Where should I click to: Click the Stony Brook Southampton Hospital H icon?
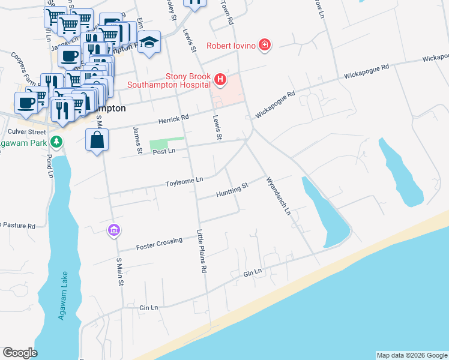pyautogui.click(x=220, y=79)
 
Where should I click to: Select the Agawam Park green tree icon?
pyautogui.click(x=57, y=142)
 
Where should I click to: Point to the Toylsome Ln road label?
pyautogui.click(x=184, y=180)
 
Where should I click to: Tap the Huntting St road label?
pyautogui.click(x=232, y=191)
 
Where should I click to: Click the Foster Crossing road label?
pyautogui.click(x=159, y=243)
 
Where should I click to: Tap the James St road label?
pyautogui.click(x=137, y=140)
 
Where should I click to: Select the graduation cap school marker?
pyautogui.click(x=149, y=43)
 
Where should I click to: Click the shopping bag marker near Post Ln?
pyautogui.click(x=97, y=140)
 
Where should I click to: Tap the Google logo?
pyautogui.click(x=20, y=353)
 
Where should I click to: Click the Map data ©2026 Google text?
pyautogui.click(x=411, y=355)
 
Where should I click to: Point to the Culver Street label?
pyautogui.click(x=26, y=131)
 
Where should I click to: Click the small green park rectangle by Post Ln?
pyautogui.click(x=158, y=144)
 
